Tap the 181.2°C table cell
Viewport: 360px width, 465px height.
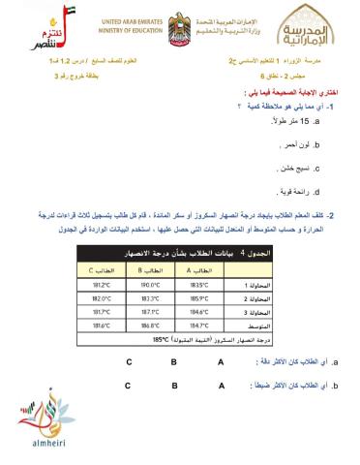101,285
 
